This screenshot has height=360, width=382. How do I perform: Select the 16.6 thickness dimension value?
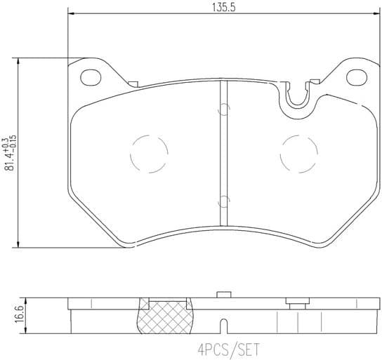[x=9, y=312]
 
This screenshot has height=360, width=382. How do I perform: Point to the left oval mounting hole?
[x=89, y=76]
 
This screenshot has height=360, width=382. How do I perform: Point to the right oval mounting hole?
[x=353, y=76]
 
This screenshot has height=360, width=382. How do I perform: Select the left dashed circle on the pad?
[x=149, y=152]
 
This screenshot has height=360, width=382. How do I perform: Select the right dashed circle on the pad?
[x=298, y=152]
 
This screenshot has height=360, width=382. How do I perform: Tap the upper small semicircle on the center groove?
[x=223, y=109]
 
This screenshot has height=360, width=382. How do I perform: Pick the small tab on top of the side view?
[x=223, y=294]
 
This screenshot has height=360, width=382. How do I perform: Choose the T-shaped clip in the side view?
[x=298, y=304]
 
